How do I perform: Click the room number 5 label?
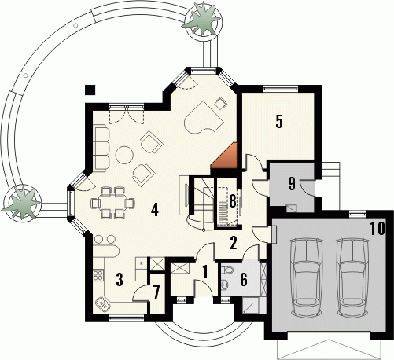[x=279, y=122]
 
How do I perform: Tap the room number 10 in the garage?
[x=377, y=228]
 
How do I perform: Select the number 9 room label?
[x=292, y=183]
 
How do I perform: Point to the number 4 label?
[x=155, y=210]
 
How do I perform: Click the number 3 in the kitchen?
[x=120, y=279]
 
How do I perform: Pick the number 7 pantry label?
[x=156, y=292]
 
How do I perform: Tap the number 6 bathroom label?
[x=244, y=280]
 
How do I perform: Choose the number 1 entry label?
[x=205, y=272]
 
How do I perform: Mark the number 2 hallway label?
[x=234, y=243]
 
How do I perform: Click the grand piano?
[x=204, y=117]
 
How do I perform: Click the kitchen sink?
[x=102, y=304]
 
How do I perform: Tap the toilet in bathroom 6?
[x=226, y=270]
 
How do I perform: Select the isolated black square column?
[x=90, y=90]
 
